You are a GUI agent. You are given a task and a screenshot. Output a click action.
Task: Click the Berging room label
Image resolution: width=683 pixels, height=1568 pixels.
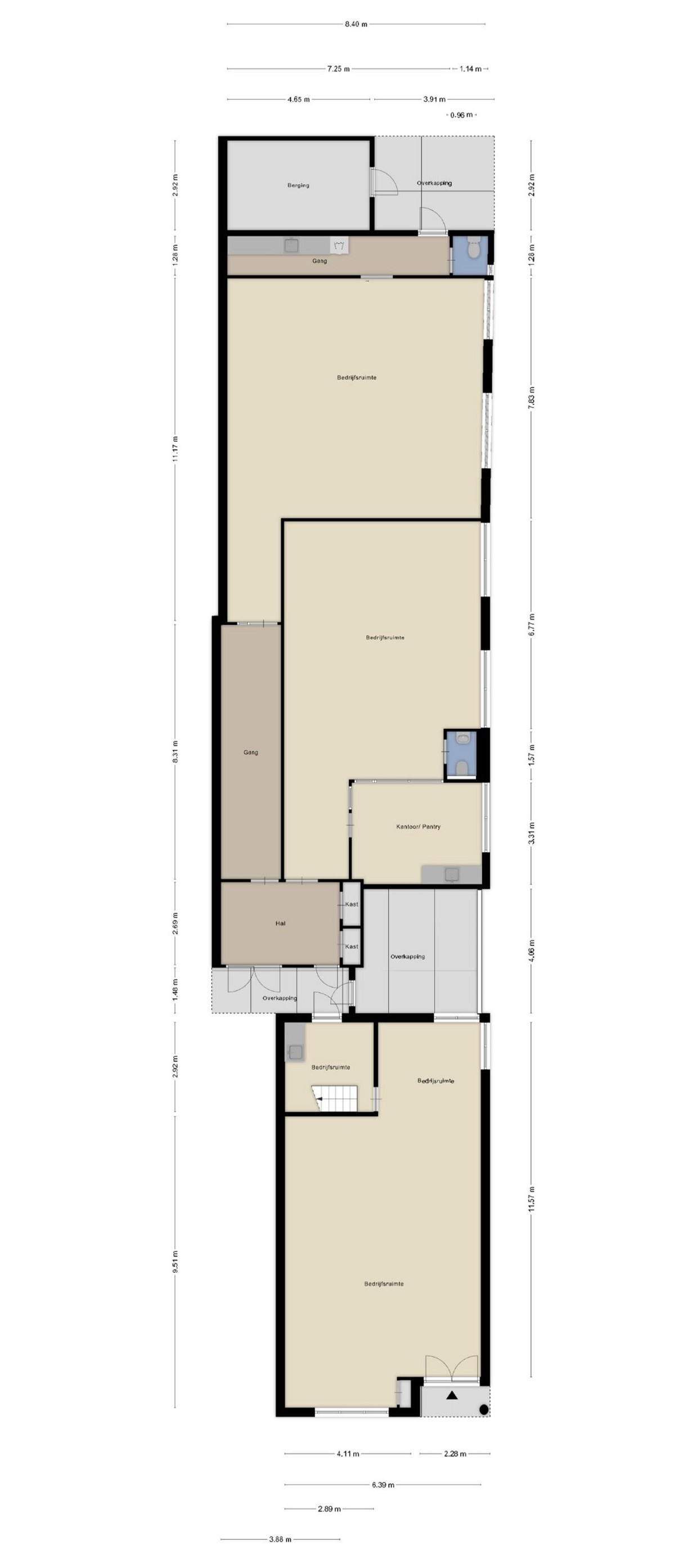[x=298, y=185]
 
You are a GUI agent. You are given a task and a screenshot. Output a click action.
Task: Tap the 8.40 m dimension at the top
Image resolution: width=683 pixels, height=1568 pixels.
[x=356, y=24]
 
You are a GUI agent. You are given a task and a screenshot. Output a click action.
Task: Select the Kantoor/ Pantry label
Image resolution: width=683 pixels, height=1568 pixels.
[x=417, y=827]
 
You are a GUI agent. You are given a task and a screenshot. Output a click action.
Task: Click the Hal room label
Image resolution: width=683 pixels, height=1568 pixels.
[x=280, y=923]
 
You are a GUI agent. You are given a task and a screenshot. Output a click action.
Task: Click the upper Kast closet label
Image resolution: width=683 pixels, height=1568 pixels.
[x=351, y=904]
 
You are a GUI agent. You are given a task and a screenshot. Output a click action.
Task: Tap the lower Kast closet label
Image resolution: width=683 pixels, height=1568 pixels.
[x=351, y=947]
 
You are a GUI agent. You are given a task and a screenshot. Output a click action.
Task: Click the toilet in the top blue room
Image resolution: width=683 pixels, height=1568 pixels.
[x=473, y=247]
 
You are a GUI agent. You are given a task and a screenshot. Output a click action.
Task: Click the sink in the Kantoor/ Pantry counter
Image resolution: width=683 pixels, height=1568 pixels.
[x=452, y=874]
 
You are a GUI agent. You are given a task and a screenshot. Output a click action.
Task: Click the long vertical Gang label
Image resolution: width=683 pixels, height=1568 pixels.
[x=251, y=753]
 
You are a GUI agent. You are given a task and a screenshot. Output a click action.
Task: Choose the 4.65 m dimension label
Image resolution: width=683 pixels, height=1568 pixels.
[x=298, y=99]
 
